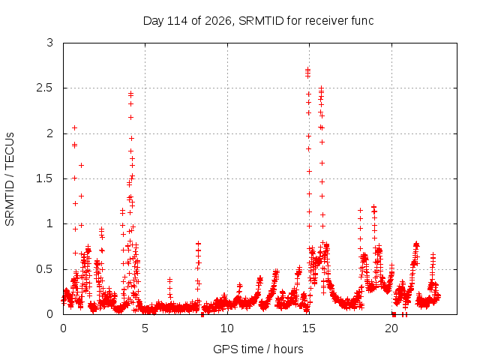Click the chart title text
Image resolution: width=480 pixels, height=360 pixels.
(258, 21)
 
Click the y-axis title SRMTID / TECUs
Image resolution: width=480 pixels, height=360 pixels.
(10, 179)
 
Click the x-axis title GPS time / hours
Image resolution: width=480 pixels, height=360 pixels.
(258, 349)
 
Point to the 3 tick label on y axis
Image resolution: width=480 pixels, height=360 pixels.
(50, 43)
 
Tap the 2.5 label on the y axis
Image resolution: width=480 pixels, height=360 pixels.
(45, 88)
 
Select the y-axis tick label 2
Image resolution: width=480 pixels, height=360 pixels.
(50, 133)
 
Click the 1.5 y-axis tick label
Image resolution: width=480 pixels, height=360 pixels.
(45, 178)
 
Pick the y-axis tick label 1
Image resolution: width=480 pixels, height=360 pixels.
(50, 223)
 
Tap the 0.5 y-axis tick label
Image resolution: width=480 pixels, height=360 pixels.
(45, 269)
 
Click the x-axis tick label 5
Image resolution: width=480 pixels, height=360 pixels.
(145, 328)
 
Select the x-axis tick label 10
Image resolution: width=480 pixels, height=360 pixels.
(227, 328)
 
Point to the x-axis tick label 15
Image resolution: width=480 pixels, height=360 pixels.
(309, 328)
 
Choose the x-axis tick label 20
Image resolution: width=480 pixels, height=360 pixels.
(391, 328)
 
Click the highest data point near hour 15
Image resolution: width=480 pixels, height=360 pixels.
(308, 70)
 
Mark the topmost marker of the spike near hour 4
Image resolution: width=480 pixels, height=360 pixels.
(131, 92)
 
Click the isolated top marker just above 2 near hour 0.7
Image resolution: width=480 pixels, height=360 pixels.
(74, 128)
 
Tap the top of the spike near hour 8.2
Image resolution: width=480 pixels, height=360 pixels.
(198, 244)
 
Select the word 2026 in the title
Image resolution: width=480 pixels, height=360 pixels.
(218, 21)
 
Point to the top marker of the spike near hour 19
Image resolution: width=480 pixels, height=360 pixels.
(373, 207)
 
